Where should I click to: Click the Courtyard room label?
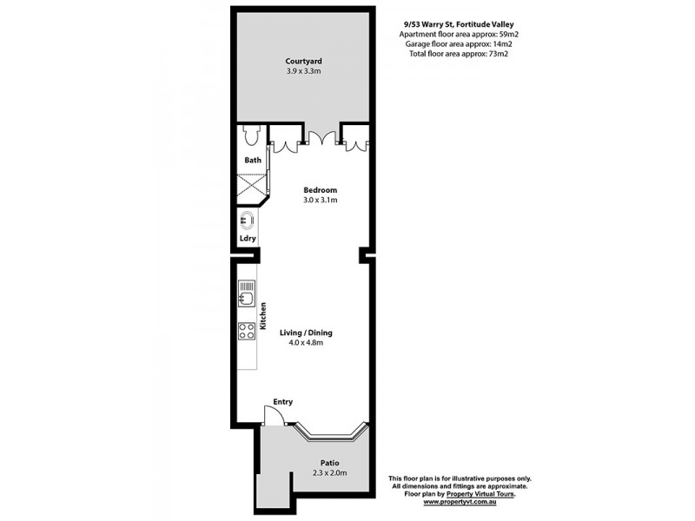[x=304, y=61]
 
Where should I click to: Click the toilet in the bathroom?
[x=251, y=136]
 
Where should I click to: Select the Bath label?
[x=252, y=161]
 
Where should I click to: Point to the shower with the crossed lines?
[x=252, y=188]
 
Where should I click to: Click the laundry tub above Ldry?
[x=247, y=221]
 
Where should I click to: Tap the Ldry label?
[x=247, y=240]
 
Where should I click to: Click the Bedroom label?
[x=320, y=190]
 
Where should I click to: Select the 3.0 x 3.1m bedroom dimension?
[x=320, y=201]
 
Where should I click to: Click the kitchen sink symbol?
[x=246, y=294]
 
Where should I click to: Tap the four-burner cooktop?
[x=246, y=330]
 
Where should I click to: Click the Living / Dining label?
[x=306, y=333]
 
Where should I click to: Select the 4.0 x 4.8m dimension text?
[x=306, y=343]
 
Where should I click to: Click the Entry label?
[x=283, y=402]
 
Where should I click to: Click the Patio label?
[x=329, y=463]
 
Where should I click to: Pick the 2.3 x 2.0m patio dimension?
[x=329, y=473]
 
